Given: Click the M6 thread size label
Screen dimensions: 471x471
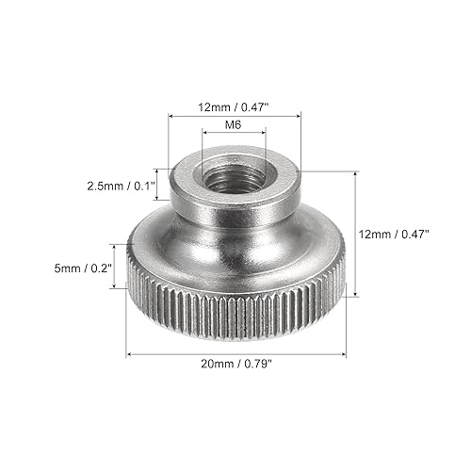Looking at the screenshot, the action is (x=234, y=125).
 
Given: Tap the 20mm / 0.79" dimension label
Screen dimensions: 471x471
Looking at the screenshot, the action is (x=235, y=364).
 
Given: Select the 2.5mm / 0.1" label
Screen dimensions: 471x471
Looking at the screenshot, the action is (x=122, y=187).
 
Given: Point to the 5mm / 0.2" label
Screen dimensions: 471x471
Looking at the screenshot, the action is (x=83, y=268).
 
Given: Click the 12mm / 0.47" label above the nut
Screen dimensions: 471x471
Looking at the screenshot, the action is (x=233, y=107).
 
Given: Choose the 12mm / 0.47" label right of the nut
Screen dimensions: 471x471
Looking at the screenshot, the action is (x=394, y=234).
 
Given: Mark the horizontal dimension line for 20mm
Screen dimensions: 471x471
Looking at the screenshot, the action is (x=235, y=354).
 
